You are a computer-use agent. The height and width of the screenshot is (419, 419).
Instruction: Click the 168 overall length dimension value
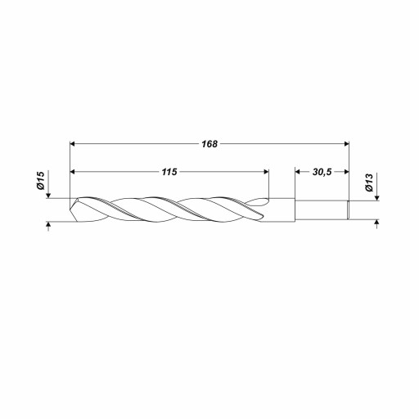[x=209, y=144]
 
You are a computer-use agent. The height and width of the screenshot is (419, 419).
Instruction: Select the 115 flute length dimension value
[x=169, y=172]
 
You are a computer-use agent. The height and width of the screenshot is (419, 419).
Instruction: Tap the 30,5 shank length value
[x=322, y=172]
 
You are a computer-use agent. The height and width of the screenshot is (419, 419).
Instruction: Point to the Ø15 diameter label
[x=40, y=181]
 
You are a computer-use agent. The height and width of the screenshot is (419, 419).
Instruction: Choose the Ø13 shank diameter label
[x=369, y=182]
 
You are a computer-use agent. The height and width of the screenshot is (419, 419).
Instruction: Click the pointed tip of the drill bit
[x=70, y=209]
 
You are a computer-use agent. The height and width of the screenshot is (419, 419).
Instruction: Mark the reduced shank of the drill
[x=322, y=209]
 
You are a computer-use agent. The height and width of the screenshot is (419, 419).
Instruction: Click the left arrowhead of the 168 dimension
[x=73, y=144]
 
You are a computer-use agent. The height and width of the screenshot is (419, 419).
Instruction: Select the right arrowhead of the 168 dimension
[x=347, y=144]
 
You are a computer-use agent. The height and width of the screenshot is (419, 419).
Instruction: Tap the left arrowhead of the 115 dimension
[x=73, y=172]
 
